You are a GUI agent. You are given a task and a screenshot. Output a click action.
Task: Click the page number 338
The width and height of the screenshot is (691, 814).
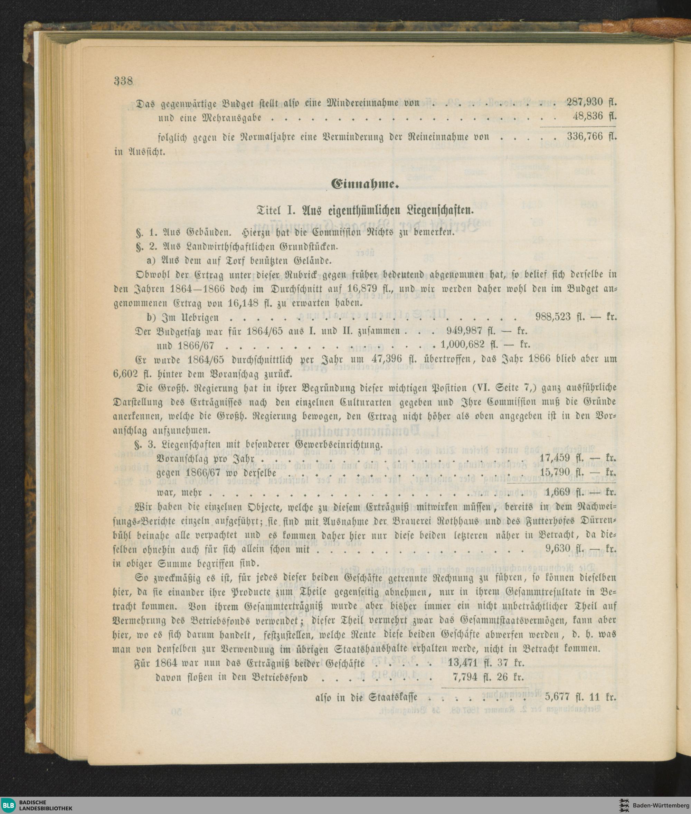(123, 81)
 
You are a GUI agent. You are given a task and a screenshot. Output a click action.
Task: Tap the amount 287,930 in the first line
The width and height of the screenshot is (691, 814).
(585, 102)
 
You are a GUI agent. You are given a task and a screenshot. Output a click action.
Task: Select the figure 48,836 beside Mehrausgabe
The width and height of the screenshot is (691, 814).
(587, 116)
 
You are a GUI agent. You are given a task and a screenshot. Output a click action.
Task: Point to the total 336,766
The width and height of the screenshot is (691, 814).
(585, 137)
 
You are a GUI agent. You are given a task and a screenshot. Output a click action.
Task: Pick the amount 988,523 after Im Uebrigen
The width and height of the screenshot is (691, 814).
(553, 316)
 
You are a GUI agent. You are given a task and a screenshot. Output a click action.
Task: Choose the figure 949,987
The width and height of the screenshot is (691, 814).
(464, 331)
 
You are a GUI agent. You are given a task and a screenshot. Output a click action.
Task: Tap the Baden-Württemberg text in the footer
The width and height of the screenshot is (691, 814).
(661, 805)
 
